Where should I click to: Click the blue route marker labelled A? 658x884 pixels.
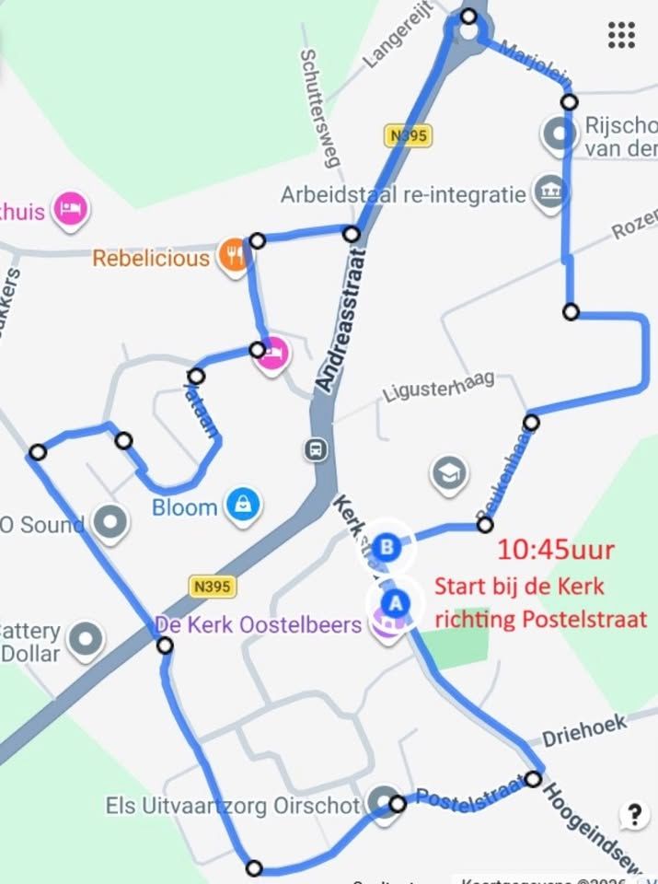coord(396,603)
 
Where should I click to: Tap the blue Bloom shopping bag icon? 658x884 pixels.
coord(243,504)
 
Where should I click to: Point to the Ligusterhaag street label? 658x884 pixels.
coord(439,388)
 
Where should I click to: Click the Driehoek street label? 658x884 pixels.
coord(583,731)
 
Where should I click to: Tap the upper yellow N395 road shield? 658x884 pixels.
coord(409,135)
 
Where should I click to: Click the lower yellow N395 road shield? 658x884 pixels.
coord(213,586)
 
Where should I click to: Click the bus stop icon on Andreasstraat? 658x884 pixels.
coord(316,449)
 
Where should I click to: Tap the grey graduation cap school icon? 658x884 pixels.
coord(448,474)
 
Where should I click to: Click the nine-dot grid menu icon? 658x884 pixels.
coord(622,34)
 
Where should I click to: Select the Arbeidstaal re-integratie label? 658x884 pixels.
coord(403,195)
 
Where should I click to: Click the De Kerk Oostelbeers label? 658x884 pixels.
coord(258,624)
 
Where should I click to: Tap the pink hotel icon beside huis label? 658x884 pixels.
coord(70,209)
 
